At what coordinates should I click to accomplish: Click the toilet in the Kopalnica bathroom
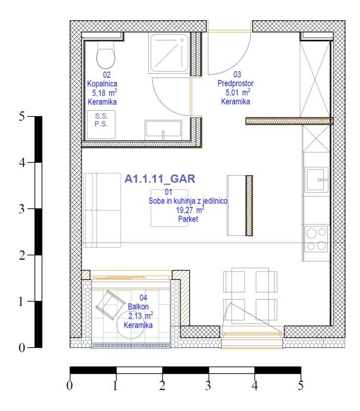click(106, 55)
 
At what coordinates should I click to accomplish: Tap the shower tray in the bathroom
click(169, 53)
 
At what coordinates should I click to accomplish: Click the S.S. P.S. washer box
click(101, 124)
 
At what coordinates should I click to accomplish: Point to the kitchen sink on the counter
click(317, 180)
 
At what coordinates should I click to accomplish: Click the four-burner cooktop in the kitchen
click(317, 239)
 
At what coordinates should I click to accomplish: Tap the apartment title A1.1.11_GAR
click(159, 179)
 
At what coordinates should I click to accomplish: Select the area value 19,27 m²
click(190, 210)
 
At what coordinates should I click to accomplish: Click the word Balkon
click(138, 306)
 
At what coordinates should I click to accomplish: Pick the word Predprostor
click(236, 83)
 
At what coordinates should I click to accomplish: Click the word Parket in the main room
click(188, 219)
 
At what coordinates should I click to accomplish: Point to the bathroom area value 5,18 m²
click(105, 92)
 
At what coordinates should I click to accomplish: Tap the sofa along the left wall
click(102, 210)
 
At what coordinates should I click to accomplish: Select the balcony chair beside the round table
click(110, 305)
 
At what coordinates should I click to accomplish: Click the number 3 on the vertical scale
click(22, 209)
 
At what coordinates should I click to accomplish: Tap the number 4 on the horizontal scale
click(255, 385)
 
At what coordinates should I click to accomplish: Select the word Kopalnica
click(102, 84)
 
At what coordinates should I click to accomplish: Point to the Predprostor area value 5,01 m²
click(238, 92)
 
